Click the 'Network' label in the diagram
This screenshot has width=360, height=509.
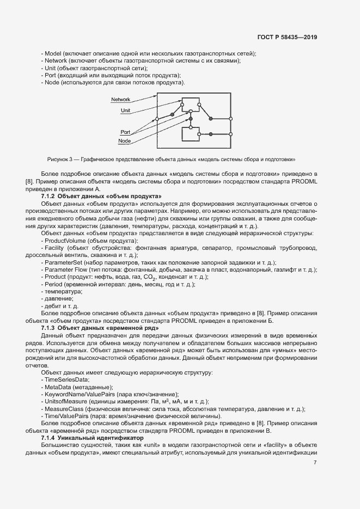[120, 100]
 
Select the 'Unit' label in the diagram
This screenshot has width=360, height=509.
[125, 110]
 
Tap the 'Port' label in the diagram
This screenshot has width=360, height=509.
[125, 132]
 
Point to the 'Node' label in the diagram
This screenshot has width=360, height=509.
[124, 142]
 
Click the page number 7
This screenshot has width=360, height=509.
[315, 463]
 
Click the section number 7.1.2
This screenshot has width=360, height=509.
[48, 195]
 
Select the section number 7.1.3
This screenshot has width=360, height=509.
[48, 329]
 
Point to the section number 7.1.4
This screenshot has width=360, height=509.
[48, 438]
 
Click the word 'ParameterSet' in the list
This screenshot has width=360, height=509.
[62, 262]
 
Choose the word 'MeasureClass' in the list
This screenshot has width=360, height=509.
[62, 409]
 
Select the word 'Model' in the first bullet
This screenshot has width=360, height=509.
[52, 53]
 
